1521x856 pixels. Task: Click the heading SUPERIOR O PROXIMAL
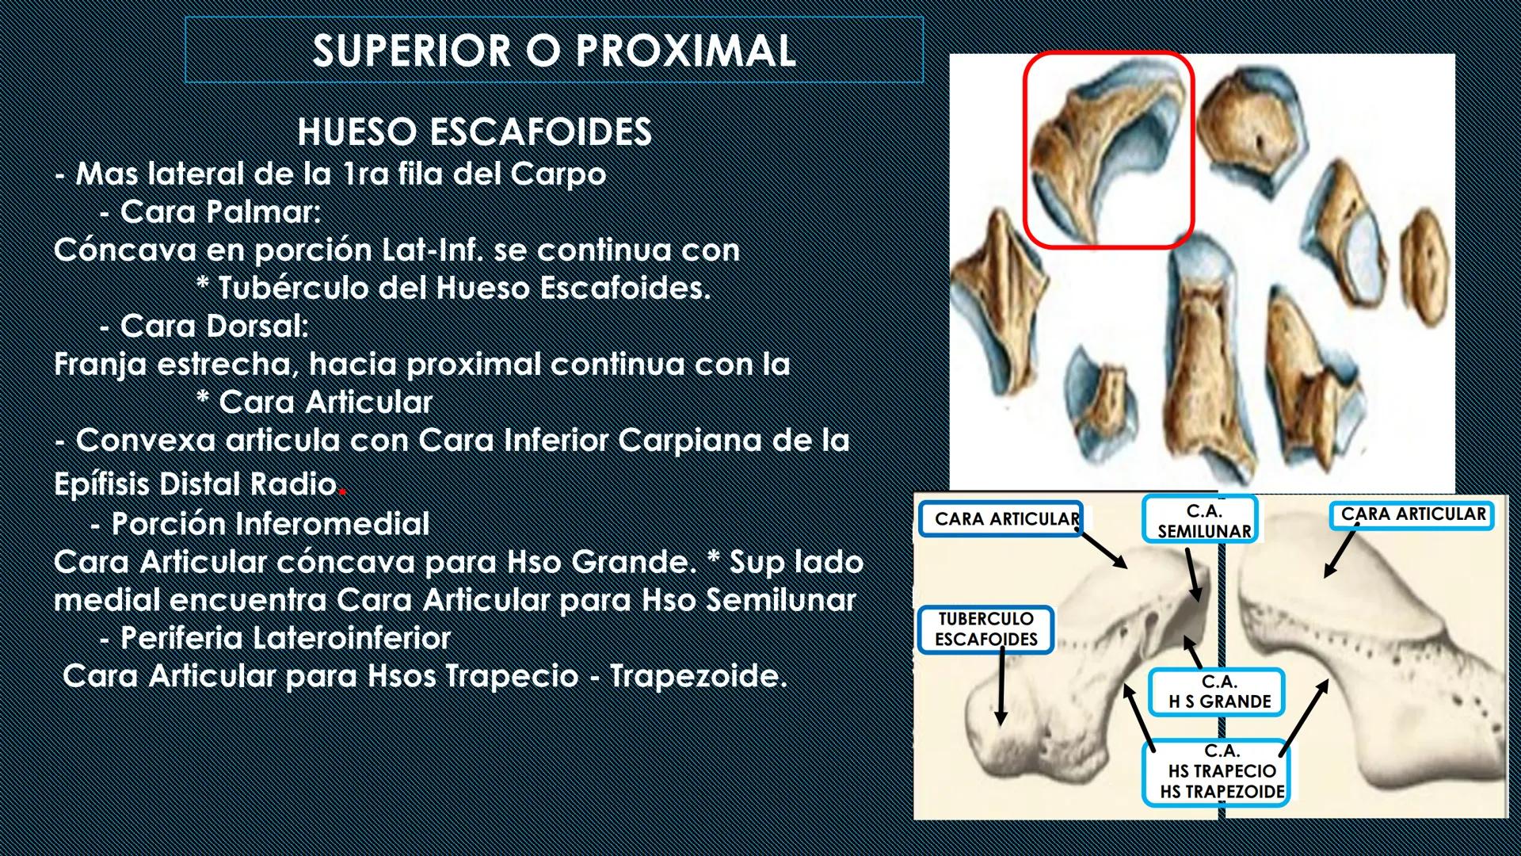(x=554, y=51)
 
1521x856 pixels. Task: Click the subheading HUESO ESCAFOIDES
(x=475, y=132)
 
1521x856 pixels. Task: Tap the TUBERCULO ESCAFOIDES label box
(x=985, y=630)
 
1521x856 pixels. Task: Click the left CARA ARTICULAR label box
(x=1002, y=519)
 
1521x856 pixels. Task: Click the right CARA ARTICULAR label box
(x=1412, y=514)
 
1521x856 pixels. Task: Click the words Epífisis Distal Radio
(x=195, y=483)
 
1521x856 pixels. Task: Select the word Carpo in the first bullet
(x=558, y=174)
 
